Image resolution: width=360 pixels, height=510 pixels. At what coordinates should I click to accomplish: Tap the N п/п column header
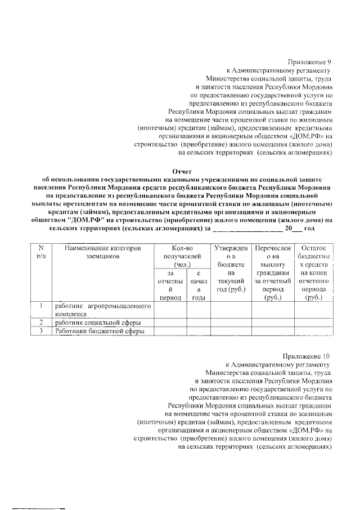(40, 252)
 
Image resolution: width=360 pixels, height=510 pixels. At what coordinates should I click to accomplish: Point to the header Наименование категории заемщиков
(102, 252)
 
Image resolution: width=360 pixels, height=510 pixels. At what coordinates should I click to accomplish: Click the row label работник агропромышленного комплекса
(103, 310)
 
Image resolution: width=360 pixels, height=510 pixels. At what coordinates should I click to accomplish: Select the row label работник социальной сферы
(97, 323)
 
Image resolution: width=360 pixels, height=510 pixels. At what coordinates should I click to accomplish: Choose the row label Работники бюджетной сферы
(100, 332)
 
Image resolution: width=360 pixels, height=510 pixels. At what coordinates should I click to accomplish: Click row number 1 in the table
(40, 306)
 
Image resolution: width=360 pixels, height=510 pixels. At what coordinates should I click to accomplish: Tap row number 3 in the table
(40, 332)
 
